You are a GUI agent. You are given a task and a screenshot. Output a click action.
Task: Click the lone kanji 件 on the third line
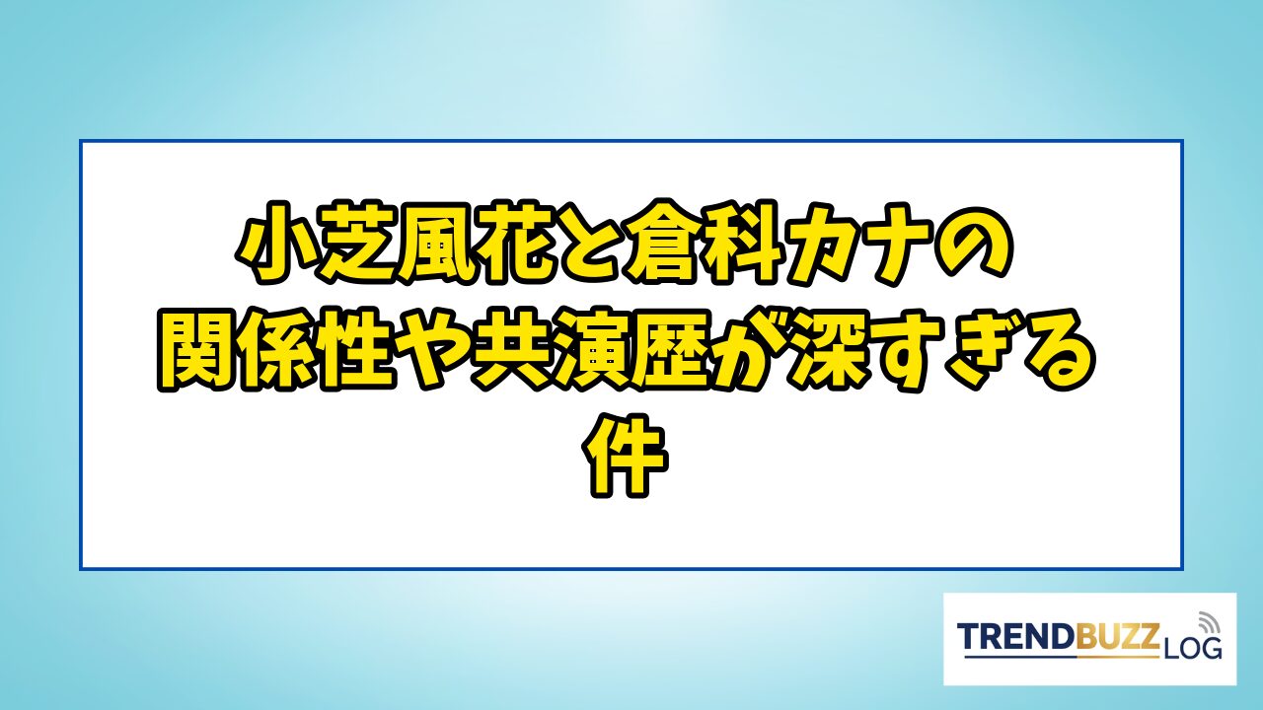(x=625, y=457)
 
